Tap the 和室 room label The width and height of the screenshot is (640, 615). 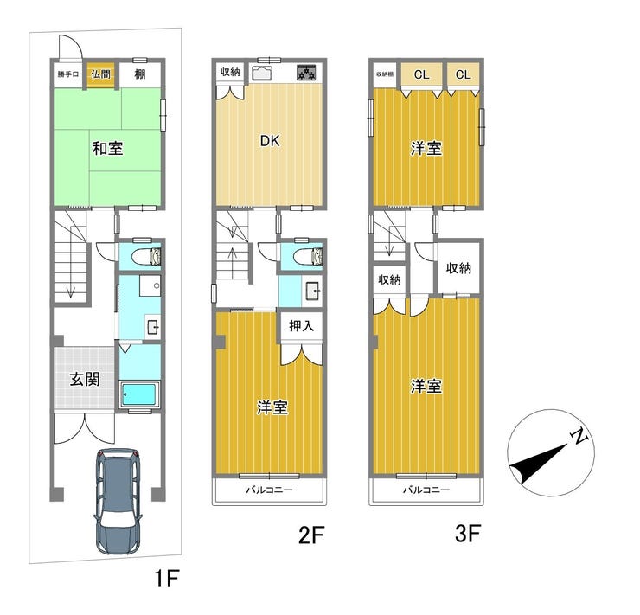pos(107,148)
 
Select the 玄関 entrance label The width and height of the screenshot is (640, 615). pos(85,379)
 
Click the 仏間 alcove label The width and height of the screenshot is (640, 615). pos(100,74)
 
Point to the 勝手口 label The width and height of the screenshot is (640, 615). pos(67,74)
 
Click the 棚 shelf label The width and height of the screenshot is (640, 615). pos(139,74)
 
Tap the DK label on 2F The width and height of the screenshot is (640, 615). pos(270,141)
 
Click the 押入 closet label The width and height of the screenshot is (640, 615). pos(301,325)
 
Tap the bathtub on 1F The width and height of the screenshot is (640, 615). pos(138,394)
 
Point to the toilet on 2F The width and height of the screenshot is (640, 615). pos(308,256)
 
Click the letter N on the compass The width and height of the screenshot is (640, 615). pos(579,437)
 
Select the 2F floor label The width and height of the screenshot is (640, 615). pos(311,535)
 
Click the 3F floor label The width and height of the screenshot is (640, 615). pos(468,533)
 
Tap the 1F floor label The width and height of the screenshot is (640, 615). pos(167,578)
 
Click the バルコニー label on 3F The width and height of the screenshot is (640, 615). pos(426,490)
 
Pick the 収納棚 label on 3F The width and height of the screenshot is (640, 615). pos(385,74)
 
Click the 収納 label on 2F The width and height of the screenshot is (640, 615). pos(230,72)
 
